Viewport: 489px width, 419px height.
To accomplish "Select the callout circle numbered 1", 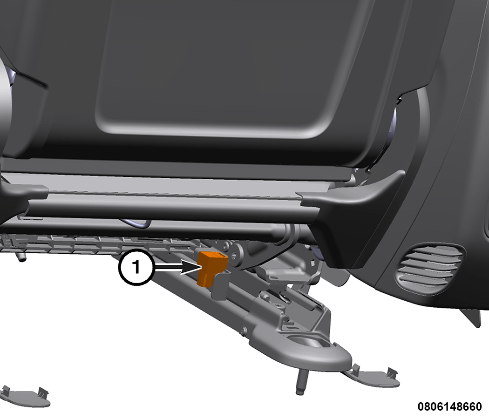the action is (x=136, y=267).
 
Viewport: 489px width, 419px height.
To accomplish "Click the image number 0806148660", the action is (x=449, y=406).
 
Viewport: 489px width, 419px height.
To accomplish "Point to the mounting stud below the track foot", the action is (x=300, y=382).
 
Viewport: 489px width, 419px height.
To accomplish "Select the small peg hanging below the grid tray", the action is (x=21, y=257).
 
